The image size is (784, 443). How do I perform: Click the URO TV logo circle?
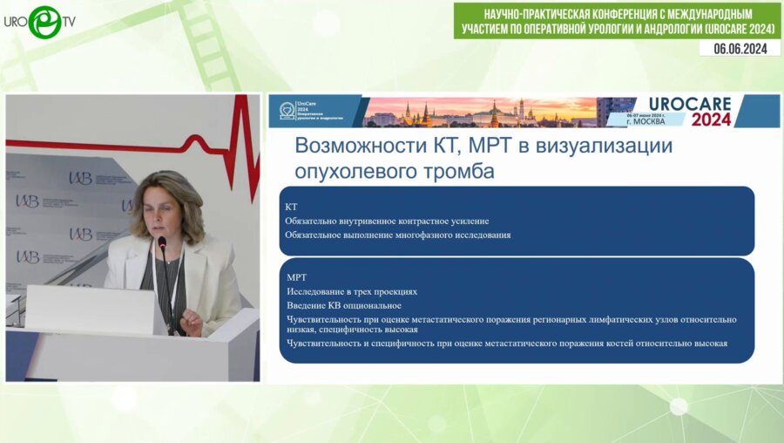[44, 22]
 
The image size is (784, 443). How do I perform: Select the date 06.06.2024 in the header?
[740, 49]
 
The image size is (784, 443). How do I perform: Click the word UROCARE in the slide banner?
[690, 103]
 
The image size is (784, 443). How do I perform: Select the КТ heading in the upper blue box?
[292, 207]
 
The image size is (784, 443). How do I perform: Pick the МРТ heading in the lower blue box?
[297, 276]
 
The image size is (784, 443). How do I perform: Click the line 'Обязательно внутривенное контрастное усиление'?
[387, 221]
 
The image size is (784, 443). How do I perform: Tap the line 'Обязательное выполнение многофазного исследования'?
[397, 235]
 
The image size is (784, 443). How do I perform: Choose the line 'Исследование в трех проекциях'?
[352, 291]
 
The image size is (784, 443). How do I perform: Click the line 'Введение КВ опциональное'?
[344, 305]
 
